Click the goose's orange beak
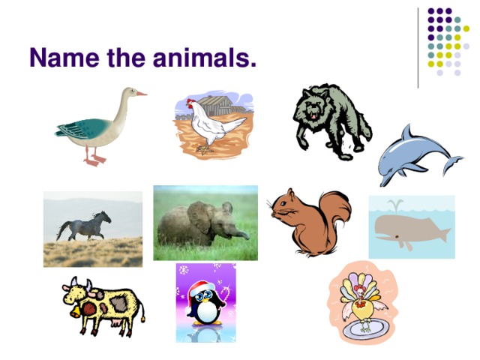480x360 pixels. point(141,93)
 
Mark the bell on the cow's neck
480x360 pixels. point(74,309)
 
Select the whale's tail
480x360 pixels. point(442,234)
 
